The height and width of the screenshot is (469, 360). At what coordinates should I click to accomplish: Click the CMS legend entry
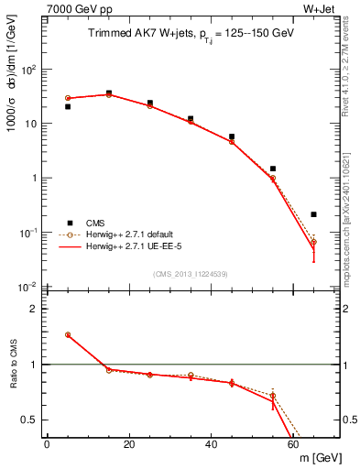click(x=96, y=222)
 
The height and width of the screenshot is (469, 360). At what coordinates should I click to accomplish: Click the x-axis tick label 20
click(x=129, y=444)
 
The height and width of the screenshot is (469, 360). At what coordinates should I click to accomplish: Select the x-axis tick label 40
click(x=212, y=444)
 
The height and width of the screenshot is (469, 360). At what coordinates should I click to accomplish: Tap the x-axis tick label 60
click(x=293, y=444)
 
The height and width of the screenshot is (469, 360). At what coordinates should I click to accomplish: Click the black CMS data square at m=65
click(x=313, y=214)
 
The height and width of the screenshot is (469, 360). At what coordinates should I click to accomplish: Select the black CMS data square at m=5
click(x=68, y=107)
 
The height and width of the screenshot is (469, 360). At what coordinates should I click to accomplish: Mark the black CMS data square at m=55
click(x=273, y=169)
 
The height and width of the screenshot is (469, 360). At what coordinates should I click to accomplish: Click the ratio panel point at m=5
click(x=68, y=335)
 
